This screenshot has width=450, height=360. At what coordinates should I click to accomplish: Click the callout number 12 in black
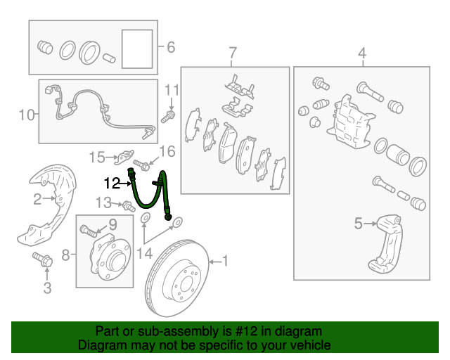click(x=112, y=183)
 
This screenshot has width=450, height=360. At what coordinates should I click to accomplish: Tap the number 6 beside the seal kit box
click(x=171, y=47)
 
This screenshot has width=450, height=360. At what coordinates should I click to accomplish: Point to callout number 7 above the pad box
click(x=233, y=53)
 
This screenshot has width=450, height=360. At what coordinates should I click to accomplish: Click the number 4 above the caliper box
click(x=362, y=53)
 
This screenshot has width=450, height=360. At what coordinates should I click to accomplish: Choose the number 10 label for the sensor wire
click(x=27, y=115)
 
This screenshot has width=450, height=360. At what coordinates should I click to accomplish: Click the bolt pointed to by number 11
click(x=168, y=117)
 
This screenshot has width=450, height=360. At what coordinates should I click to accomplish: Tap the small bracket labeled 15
click(x=124, y=157)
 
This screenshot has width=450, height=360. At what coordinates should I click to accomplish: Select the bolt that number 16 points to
click(x=141, y=165)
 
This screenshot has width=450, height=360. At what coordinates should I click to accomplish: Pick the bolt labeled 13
click(x=129, y=206)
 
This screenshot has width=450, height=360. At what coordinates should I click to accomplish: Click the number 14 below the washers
click(x=144, y=254)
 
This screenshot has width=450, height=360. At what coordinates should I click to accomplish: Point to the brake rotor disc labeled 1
click(x=177, y=278)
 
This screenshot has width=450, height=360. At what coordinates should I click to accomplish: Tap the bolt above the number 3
click(x=42, y=259)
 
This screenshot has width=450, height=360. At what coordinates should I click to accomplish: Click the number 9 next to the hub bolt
click(x=112, y=225)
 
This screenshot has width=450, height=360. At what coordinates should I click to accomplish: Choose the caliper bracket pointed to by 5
click(x=385, y=244)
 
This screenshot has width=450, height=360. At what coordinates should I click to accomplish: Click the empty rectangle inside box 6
click(x=137, y=49)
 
